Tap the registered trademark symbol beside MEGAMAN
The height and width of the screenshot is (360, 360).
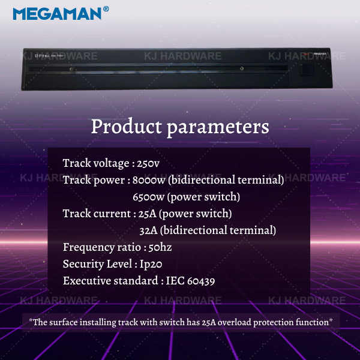106,9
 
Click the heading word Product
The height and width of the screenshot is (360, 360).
127,127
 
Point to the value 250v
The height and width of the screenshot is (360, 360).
148,163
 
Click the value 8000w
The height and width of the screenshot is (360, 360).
149,180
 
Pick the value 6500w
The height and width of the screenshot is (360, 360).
149,197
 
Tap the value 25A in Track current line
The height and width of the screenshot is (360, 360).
148,214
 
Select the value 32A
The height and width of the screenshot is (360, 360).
149,230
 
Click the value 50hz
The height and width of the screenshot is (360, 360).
160,247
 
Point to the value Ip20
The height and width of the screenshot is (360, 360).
151,264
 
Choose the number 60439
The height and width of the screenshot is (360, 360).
201,281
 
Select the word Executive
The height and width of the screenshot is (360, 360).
87,281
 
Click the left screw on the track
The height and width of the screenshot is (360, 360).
71,69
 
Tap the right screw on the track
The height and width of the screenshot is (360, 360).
242,68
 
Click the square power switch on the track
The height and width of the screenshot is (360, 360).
307,70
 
